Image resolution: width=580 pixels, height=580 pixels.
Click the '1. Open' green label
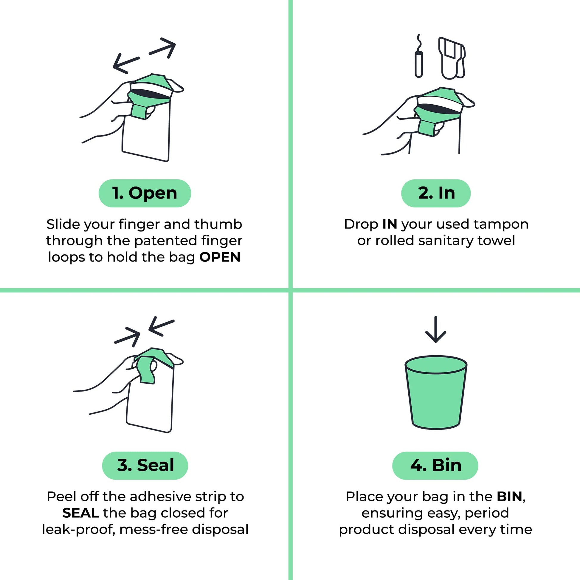[145, 193]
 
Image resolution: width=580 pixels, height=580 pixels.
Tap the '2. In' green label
[436, 193]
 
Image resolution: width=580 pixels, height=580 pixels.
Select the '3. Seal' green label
[145, 465]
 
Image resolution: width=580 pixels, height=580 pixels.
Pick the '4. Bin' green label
[435, 465]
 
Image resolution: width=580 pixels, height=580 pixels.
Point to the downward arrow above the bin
[436, 329]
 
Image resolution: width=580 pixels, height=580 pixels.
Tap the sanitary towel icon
[452, 58]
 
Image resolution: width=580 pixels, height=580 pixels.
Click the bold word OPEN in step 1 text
[220, 257]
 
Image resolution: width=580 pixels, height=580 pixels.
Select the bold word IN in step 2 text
[390, 224]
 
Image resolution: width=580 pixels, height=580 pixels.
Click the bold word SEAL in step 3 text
[80, 513]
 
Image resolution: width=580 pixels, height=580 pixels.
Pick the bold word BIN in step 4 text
[509, 497]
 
